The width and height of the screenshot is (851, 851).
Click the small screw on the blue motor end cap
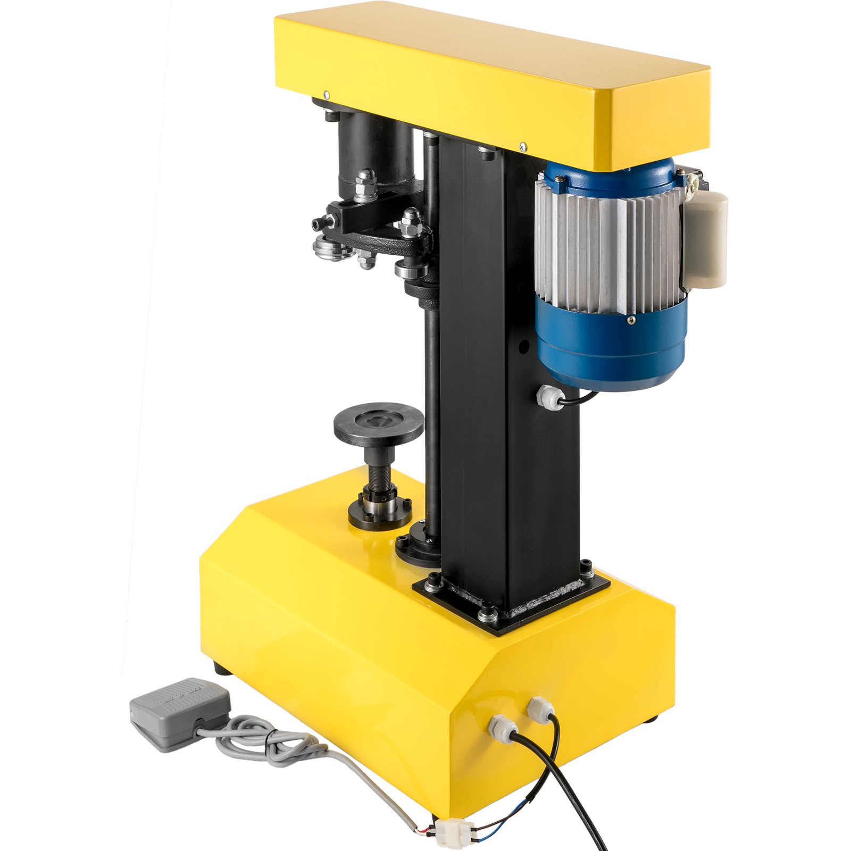631,320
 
